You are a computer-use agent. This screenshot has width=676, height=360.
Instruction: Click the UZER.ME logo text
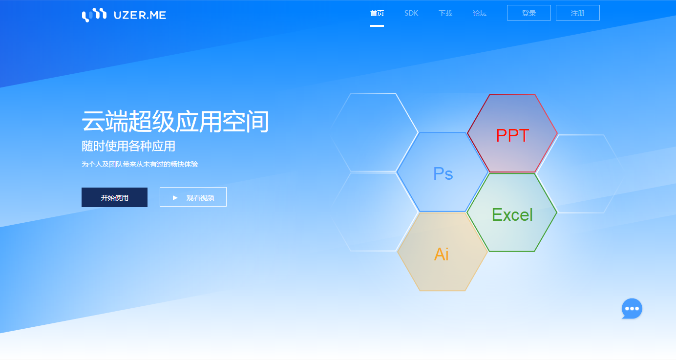coord(140,15)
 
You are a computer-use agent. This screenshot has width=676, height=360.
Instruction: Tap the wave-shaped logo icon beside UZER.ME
coord(94,15)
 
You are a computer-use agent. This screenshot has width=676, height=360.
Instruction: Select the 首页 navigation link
coord(377,13)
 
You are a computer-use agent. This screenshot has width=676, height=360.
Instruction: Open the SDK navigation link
coord(411,13)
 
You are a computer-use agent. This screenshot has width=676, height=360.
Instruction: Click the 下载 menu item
coord(445,13)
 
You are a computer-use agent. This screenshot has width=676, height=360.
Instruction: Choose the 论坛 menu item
coord(480,13)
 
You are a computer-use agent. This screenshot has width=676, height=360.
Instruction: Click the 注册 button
coord(578,13)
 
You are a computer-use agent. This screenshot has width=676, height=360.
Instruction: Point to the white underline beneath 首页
coord(377,26)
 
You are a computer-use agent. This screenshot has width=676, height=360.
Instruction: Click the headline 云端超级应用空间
coord(175,121)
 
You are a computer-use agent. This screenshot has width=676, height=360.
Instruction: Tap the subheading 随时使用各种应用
coord(128,146)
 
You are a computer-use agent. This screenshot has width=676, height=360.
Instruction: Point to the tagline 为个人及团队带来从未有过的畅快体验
coord(140,164)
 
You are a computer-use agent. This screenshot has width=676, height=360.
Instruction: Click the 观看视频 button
coord(193,197)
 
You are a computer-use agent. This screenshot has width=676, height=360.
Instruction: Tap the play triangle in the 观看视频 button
coord(175,198)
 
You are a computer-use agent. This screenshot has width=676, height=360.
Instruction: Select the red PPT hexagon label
coord(512,135)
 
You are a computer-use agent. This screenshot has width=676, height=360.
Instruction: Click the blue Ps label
coord(443,174)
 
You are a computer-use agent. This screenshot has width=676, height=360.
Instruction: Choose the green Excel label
coord(512,214)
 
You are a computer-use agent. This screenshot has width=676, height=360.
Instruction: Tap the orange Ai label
coord(441,254)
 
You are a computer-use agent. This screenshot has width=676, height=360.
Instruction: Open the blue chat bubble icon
coord(632,308)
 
